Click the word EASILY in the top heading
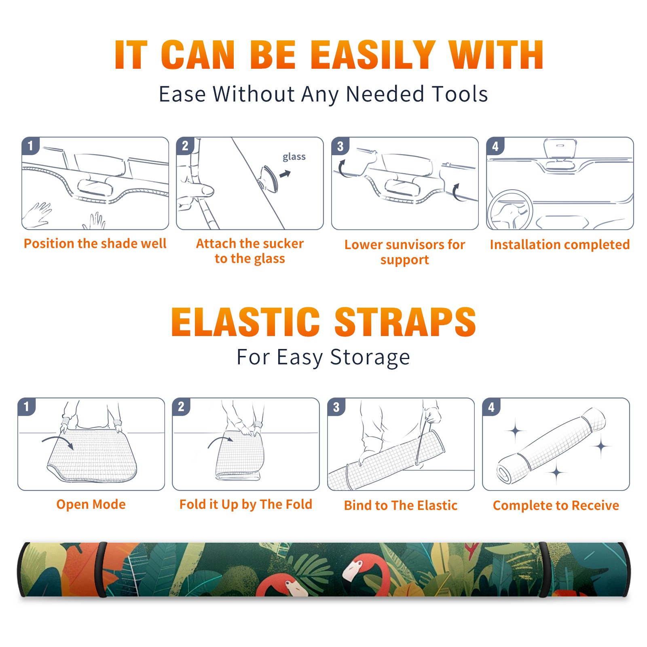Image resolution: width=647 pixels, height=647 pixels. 373,55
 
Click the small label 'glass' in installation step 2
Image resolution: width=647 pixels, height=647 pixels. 294,157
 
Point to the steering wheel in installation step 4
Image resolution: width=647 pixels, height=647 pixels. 510,210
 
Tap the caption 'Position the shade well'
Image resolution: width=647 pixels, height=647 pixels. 95,243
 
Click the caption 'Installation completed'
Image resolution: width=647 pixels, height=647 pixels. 560,245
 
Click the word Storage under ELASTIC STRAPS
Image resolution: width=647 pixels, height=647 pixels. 370,357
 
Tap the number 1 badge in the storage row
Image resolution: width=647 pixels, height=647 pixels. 27,406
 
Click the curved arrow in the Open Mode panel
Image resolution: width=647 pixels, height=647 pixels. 57,442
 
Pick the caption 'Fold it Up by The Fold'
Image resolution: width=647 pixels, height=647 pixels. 246,504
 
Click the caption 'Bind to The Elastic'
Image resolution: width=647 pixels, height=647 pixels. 401,505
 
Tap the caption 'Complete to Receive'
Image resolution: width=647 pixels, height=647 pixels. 556,505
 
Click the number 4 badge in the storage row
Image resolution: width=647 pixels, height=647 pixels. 491,407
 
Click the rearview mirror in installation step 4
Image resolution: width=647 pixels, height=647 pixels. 560,149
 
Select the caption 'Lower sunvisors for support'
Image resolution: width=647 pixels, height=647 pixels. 405,252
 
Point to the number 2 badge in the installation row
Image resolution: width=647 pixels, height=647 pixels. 185,146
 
